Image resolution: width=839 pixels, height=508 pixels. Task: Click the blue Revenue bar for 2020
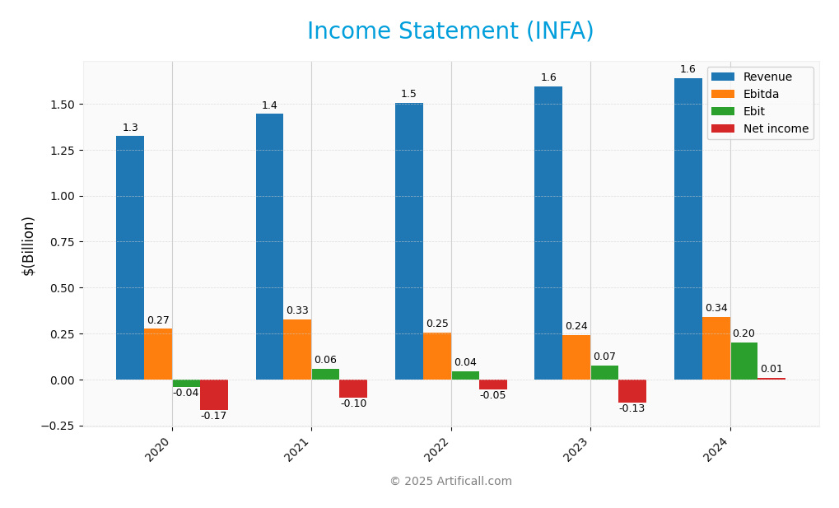point(130,257)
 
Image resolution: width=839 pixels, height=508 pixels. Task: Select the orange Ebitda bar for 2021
point(297,349)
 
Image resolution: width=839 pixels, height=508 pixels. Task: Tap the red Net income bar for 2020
point(214,394)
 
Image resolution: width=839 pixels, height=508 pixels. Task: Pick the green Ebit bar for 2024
point(744,361)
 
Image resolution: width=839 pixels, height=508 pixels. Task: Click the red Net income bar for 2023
point(632,391)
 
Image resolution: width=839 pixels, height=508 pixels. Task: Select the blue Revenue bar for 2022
point(409,240)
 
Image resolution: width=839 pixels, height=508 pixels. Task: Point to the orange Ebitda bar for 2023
point(576,357)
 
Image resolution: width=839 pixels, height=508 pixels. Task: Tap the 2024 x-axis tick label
point(717,450)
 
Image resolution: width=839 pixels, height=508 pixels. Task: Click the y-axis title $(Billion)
point(29,245)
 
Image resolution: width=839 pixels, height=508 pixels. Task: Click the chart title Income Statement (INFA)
point(450,31)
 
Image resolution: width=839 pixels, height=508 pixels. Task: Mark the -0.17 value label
point(214,417)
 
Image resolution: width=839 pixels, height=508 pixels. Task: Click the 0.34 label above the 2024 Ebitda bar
point(716,309)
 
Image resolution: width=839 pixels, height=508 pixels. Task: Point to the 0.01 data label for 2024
point(771,370)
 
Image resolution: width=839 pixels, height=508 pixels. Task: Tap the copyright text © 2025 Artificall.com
point(450,482)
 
